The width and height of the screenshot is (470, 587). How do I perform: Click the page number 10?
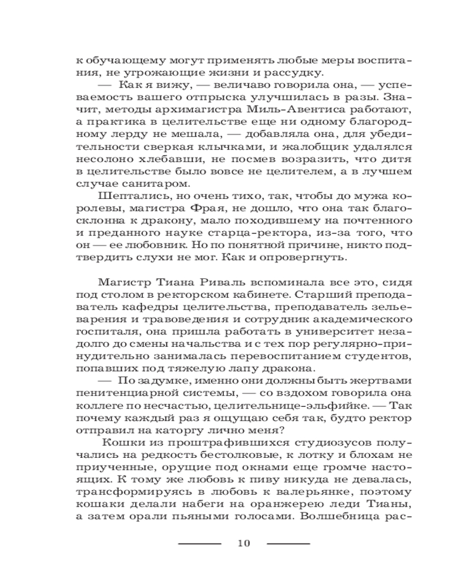(x=244, y=543)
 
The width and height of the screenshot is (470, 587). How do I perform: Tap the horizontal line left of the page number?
(x=199, y=544)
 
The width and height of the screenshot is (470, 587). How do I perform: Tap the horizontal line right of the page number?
(x=288, y=544)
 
